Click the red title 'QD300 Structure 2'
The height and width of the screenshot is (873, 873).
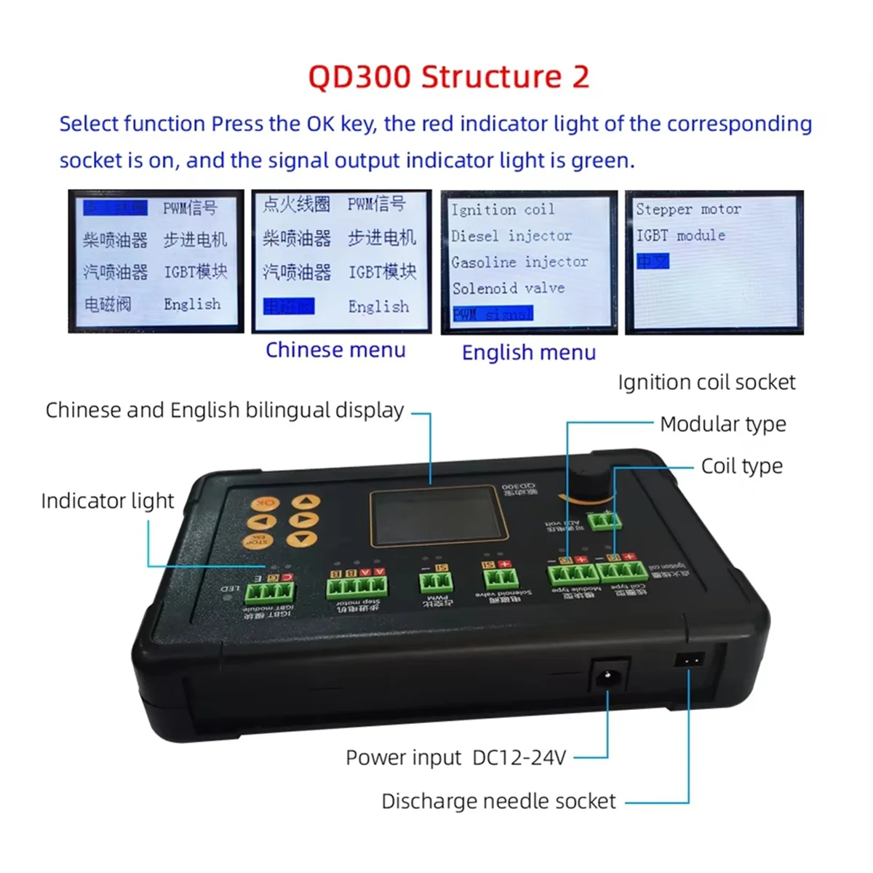pos(448,76)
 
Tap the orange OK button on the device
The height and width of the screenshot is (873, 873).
pos(265,503)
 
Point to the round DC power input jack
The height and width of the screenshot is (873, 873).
pos(607,678)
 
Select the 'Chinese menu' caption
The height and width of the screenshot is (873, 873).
pos(335,350)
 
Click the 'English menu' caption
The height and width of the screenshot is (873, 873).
pos(529,353)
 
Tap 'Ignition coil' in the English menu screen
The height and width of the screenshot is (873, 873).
pos(503,210)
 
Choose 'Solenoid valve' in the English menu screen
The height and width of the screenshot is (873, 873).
pos(509,288)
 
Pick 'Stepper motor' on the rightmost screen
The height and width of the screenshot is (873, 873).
pos(688,209)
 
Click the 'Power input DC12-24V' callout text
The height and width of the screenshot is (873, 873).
pos(455,758)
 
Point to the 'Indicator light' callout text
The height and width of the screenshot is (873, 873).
pos(108,501)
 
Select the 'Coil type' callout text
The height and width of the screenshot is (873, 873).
pos(742,466)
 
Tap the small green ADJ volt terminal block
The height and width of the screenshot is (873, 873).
pos(605,519)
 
